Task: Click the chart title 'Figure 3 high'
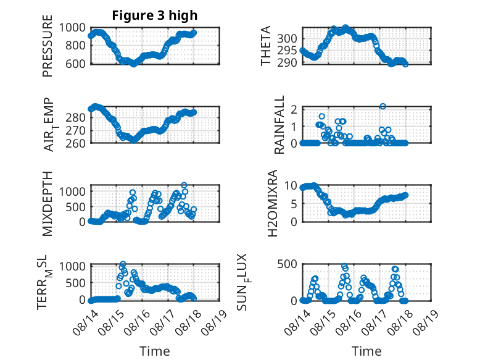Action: click(x=155, y=15)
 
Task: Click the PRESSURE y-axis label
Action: click(x=48, y=46)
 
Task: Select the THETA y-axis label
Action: click(x=266, y=46)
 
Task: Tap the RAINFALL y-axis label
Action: click(x=279, y=125)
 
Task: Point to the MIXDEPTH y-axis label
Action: click(x=48, y=204)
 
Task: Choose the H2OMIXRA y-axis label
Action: click(x=272, y=203)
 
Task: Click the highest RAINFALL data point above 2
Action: click(x=383, y=106)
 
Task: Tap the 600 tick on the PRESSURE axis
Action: click(x=75, y=64)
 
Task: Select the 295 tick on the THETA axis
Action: click(x=287, y=51)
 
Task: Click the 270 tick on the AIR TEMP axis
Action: click(x=75, y=131)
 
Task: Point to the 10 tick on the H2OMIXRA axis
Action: click(x=290, y=185)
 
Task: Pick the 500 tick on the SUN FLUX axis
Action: click(x=287, y=264)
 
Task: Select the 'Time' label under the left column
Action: click(x=155, y=351)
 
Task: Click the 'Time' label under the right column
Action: click(x=366, y=351)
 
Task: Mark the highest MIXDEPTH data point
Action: click(x=184, y=185)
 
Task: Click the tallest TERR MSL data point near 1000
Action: click(x=123, y=264)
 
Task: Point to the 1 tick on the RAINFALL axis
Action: click(x=294, y=126)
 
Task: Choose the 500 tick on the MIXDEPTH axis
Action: click(x=75, y=207)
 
